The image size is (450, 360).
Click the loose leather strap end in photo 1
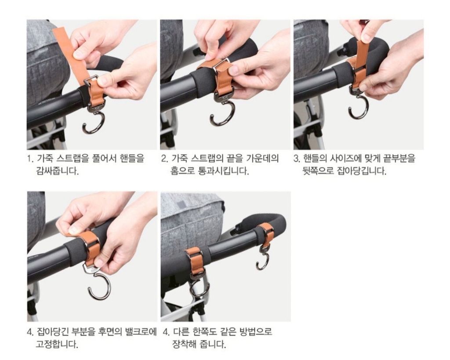coord(70,53)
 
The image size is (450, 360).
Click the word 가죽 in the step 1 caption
coord(45,158)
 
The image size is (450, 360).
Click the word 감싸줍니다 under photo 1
coord(58,171)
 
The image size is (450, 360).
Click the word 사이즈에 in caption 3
coord(345,158)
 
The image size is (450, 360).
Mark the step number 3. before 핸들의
coord(297,159)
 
